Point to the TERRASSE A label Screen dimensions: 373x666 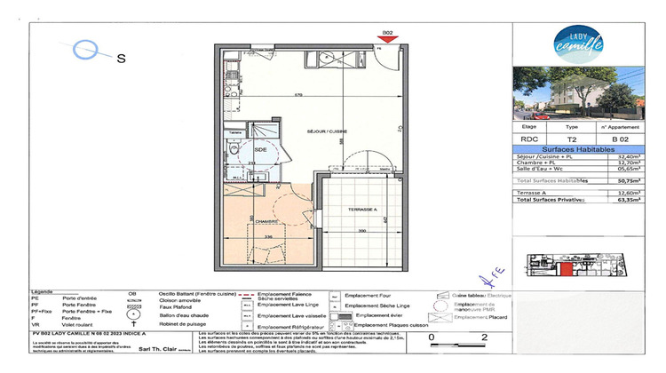point(351,210)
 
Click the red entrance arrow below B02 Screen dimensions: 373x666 point(387,41)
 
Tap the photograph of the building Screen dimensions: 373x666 point(587,94)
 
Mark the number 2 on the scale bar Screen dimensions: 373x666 point(483,337)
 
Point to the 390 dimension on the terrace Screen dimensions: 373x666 point(352,230)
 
